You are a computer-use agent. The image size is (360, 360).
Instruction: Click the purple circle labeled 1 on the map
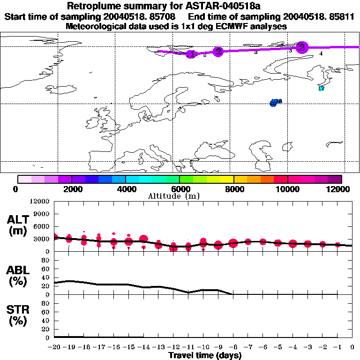point(190,54)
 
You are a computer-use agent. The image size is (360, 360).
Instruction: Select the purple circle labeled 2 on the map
point(217,52)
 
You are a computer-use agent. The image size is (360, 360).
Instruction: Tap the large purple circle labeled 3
point(302,47)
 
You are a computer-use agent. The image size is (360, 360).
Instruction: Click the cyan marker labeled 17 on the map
point(321,88)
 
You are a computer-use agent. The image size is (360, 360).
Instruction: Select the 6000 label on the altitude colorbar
point(180,189)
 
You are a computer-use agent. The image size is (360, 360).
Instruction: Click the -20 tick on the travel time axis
point(54,346)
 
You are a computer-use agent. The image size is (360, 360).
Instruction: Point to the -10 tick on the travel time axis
point(203,346)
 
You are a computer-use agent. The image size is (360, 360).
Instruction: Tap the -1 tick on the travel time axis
point(337,346)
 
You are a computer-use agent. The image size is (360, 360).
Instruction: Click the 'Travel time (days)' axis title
point(205,355)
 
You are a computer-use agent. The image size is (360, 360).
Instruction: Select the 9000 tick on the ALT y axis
point(43,214)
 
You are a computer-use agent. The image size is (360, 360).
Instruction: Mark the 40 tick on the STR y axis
point(46,320)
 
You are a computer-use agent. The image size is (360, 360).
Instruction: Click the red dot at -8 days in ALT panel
point(233,243)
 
